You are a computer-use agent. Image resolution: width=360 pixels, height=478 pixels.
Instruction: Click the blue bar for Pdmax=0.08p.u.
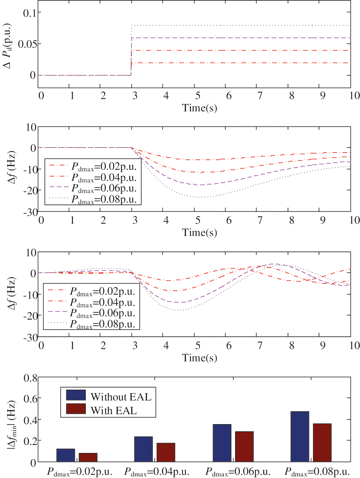(x=300, y=436)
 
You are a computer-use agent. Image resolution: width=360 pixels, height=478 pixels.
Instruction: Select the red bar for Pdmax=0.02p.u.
(x=88, y=457)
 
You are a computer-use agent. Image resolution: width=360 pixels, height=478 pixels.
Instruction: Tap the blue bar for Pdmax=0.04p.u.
(x=143, y=449)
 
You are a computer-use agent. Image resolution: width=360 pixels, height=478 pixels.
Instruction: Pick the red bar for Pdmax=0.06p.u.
(x=244, y=446)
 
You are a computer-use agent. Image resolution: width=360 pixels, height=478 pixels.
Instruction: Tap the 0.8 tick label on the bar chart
(x=30, y=378)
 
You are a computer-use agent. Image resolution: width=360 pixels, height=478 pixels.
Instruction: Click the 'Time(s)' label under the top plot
(x=199, y=108)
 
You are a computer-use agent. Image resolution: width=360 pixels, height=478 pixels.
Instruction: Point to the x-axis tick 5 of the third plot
(x=198, y=346)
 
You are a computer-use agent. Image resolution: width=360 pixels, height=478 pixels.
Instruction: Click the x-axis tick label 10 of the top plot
(x=354, y=96)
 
